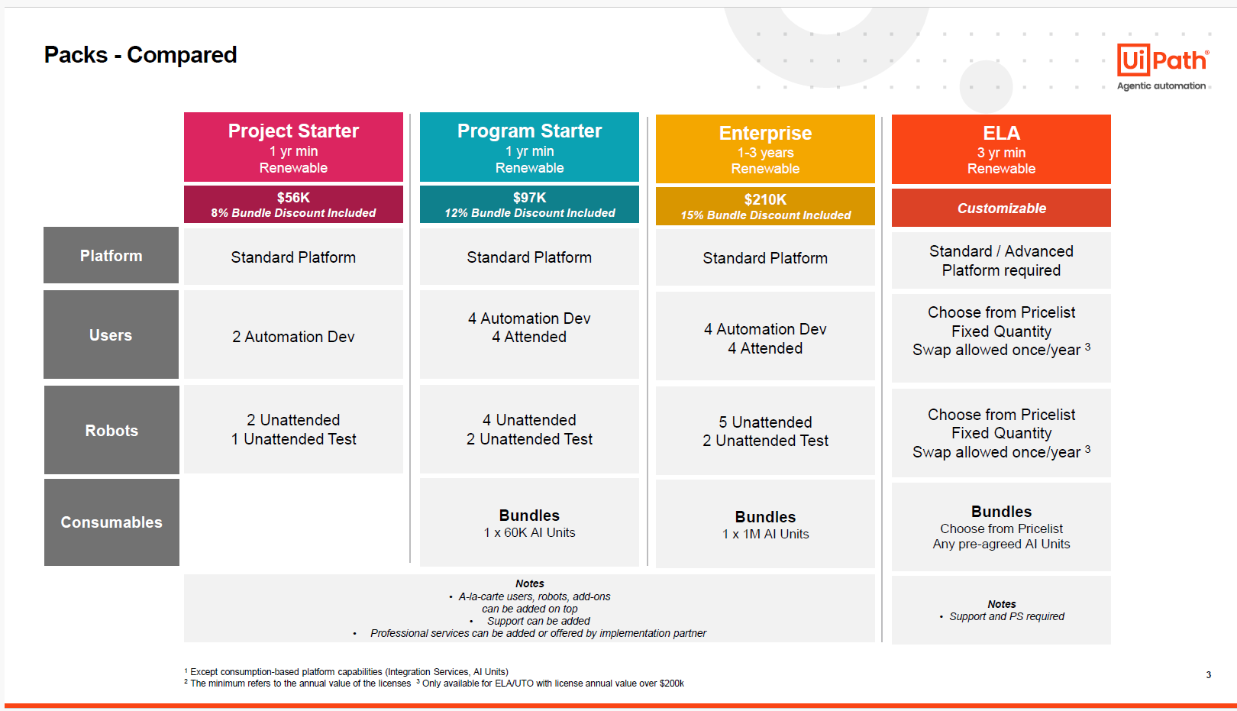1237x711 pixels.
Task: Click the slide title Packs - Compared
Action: point(140,55)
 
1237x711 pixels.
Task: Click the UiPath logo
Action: point(1162,60)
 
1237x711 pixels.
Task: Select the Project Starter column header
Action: point(293,131)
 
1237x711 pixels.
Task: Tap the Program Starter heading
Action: point(529,131)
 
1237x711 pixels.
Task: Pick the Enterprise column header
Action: point(765,134)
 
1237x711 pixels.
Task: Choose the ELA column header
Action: point(1001,134)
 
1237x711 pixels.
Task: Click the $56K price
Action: point(293,198)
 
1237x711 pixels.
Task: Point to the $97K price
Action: point(529,198)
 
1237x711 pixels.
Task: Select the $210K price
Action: point(765,200)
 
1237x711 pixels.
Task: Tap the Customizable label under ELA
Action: point(1001,208)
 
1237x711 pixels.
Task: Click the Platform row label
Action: point(111,256)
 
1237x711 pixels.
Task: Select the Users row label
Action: point(111,335)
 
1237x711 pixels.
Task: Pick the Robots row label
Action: point(111,431)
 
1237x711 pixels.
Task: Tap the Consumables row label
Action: point(111,522)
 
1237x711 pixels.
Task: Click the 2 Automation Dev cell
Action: point(293,337)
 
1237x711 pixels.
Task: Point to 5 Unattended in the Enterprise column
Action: point(765,422)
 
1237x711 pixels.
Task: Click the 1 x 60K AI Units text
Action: point(529,533)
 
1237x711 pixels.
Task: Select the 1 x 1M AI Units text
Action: point(765,535)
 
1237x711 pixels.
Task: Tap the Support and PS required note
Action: point(1006,616)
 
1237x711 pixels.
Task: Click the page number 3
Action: point(1208,675)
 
